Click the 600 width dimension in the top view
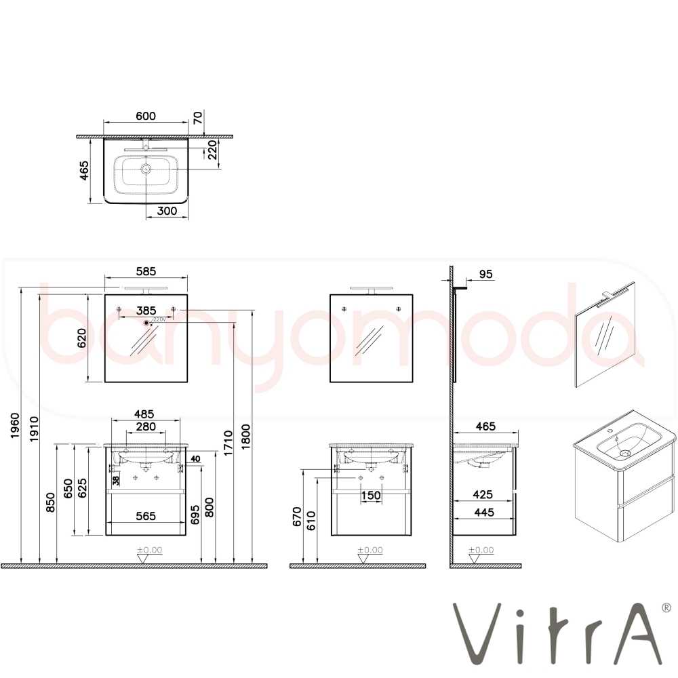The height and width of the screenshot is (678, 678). click(146, 116)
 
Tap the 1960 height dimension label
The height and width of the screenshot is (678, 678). click(15, 426)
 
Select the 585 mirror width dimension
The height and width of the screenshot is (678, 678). click(146, 271)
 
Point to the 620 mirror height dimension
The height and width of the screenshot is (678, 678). click(81, 338)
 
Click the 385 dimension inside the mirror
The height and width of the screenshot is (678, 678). click(146, 311)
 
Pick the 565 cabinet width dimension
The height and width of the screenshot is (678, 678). click(146, 516)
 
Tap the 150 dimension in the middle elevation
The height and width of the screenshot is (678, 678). click(371, 495)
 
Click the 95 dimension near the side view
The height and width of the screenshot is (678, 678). click(485, 274)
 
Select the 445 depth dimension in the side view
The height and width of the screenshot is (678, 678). click(484, 513)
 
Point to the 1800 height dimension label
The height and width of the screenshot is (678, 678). click(245, 437)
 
